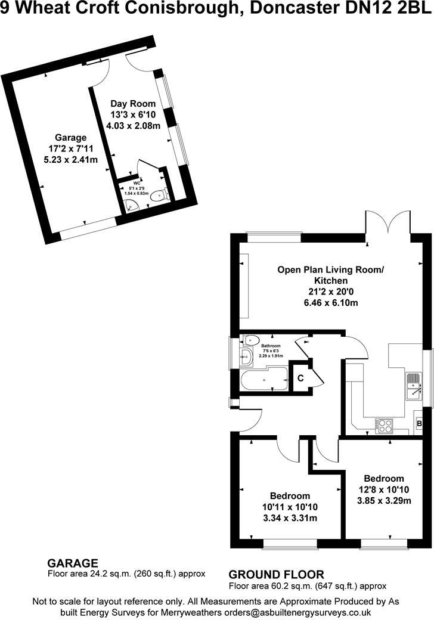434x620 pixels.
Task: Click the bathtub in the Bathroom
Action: [x=263, y=380]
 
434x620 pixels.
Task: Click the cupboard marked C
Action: [x=300, y=377]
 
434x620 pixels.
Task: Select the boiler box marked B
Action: [x=420, y=424]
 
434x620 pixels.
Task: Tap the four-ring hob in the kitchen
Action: [x=385, y=426]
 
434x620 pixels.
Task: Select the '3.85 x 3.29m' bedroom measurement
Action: [x=385, y=500]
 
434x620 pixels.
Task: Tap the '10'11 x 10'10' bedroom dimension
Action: [x=290, y=507]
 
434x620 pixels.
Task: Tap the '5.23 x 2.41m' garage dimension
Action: [x=71, y=159]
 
